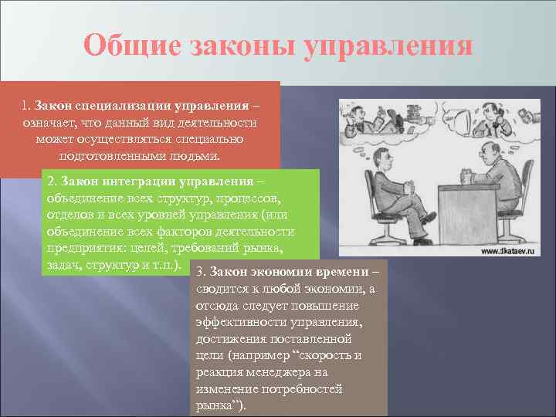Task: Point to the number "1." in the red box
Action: [x=27, y=104]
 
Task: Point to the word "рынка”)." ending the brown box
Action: [x=221, y=405]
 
